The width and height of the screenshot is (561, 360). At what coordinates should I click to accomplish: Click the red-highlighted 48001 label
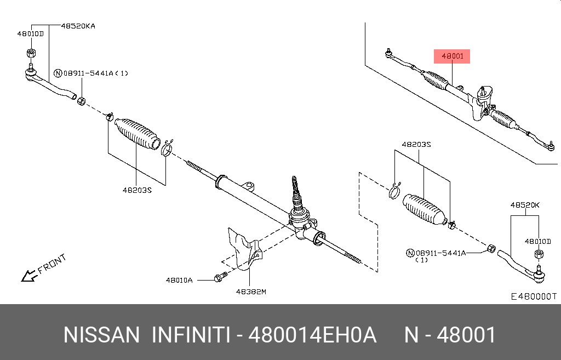[x=452, y=56]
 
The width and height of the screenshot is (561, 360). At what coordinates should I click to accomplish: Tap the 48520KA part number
[x=78, y=26]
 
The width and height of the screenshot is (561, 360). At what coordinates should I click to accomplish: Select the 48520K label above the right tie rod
[x=525, y=205]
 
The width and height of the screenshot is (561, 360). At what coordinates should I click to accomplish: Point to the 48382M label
[x=250, y=292]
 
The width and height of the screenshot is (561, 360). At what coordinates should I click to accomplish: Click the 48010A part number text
[x=179, y=280]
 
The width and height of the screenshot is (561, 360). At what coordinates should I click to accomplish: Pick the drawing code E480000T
[x=533, y=296]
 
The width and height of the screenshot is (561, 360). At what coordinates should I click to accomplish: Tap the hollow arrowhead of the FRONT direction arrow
[x=26, y=276]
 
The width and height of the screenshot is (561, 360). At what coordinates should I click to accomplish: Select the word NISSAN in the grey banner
[x=101, y=335]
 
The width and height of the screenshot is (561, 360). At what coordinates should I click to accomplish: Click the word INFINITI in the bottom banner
[x=190, y=335]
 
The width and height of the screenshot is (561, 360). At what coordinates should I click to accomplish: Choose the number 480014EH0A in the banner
[x=312, y=335]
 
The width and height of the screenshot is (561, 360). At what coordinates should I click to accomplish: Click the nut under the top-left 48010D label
[x=31, y=54]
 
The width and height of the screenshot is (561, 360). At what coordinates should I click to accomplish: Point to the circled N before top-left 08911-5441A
[x=58, y=73]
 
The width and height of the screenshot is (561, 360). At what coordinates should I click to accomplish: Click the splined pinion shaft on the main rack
[x=296, y=189]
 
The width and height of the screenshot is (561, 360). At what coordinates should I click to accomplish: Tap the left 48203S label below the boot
[x=137, y=191]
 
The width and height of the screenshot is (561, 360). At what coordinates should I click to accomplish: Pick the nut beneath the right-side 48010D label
[x=537, y=254]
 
